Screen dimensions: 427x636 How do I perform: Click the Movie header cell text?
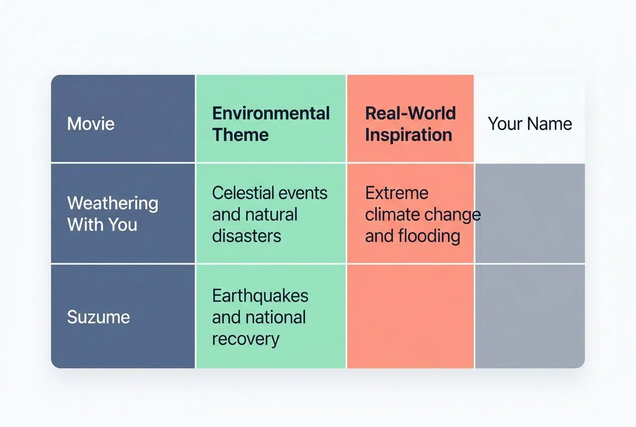point(91,124)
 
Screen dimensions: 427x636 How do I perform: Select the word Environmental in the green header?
point(271,113)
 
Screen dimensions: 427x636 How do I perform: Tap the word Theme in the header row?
point(240,135)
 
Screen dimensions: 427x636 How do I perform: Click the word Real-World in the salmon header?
point(410,113)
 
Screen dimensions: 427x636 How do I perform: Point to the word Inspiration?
point(408,135)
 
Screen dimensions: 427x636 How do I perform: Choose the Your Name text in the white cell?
point(530,124)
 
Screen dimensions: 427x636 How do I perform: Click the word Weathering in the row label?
point(113,203)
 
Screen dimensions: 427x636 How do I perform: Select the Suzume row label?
point(99,317)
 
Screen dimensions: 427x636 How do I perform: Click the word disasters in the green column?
point(246,236)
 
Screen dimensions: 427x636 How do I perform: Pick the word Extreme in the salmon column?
point(396,193)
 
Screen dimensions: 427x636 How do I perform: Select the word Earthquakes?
point(260,296)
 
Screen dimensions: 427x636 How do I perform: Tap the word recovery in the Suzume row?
point(245,339)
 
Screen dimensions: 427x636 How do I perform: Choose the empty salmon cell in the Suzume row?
point(410,316)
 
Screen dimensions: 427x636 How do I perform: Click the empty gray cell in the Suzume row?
point(529,316)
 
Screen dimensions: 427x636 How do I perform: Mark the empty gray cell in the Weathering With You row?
point(529,213)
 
